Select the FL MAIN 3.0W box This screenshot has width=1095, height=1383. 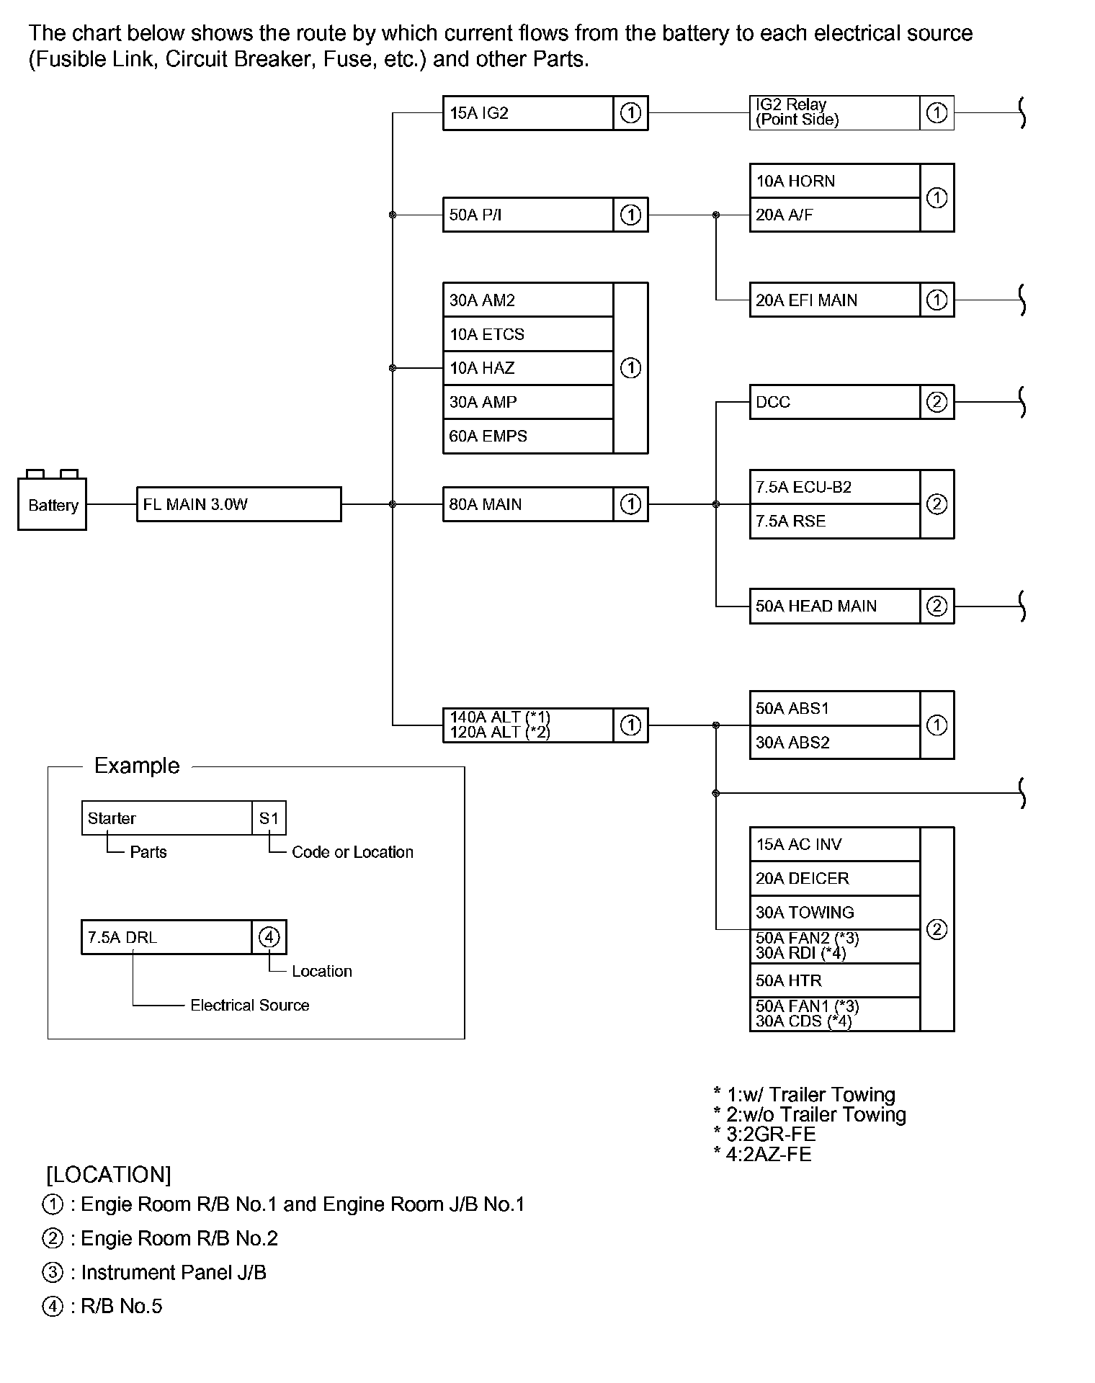238,504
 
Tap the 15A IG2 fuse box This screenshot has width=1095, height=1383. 528,113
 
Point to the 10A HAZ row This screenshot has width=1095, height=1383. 528,368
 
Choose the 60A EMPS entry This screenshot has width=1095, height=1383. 528,436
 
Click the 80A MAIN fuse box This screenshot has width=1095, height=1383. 528,504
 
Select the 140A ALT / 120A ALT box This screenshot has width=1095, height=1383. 528,725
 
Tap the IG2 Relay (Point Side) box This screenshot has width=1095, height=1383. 834,113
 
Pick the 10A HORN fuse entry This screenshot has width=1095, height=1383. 834,181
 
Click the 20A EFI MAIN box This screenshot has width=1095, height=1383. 834,300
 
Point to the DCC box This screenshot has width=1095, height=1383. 834,402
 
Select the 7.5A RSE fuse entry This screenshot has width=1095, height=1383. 834,521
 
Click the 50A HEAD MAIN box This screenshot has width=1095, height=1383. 834,606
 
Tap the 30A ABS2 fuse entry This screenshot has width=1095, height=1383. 834,742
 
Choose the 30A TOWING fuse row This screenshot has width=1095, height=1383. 834,912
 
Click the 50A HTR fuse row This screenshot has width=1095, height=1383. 834,980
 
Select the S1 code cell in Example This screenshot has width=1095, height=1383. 269,818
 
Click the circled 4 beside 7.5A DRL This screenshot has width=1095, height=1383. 269,937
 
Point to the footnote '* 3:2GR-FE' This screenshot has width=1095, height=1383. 764,1134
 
